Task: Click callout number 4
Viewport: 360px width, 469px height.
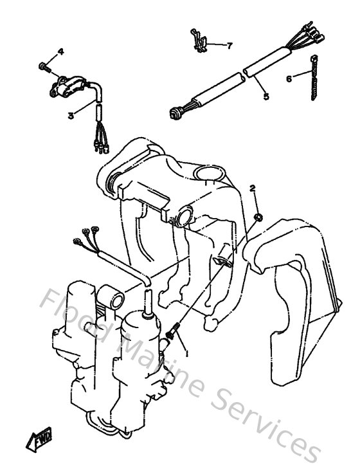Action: [x=61, y=51]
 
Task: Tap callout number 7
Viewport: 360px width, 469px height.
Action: [x=230, y=45]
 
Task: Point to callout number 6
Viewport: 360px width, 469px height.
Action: [x=289, y=78]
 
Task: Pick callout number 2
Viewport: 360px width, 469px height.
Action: [x=253, y=188]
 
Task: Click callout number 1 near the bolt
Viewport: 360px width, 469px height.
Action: [x=186, y=353]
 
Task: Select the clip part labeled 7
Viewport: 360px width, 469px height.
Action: [x=200, y=41]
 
